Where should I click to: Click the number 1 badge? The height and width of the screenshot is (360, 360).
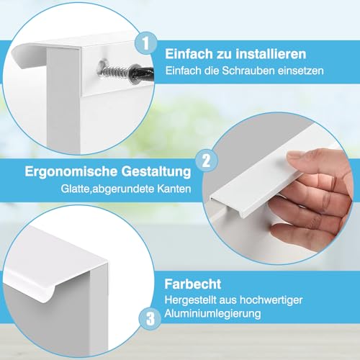pyautogui.click(x=147, y=45)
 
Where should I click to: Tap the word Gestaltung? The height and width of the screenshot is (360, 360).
pyautogui.click(x=150, y=174)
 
